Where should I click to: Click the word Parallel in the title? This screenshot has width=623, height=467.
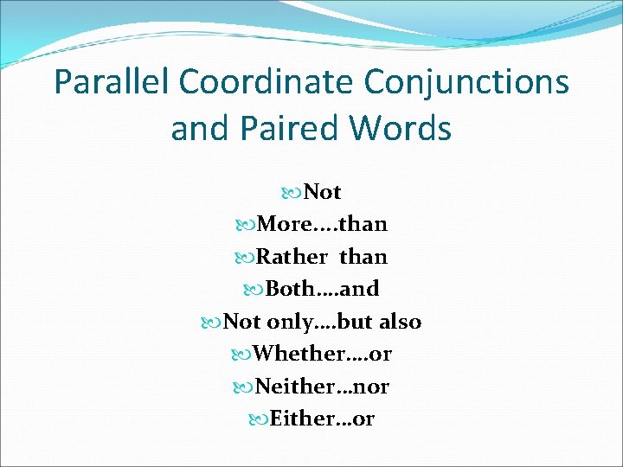pyautogui.click(x=112, y=83)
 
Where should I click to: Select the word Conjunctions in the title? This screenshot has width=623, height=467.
pyautogui.click(x=466, y=83)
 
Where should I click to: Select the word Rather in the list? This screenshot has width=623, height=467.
pyautogui.click(x=293, y=257)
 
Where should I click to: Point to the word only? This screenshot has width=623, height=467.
pyautogui.click(x=290, y=322)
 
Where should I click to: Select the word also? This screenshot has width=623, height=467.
pyautogui.click(x=400, y=322)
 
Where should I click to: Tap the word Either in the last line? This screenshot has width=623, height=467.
pyautogui.click(x=299, y=419)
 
